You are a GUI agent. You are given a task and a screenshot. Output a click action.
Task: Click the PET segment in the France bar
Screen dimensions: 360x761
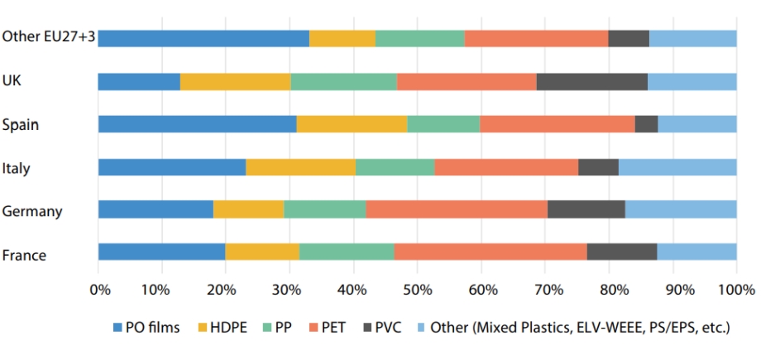click(491, 252)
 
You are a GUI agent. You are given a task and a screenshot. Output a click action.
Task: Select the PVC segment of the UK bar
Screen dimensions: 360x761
click(591, 81)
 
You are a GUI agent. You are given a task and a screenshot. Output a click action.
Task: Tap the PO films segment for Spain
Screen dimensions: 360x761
click(197, 124)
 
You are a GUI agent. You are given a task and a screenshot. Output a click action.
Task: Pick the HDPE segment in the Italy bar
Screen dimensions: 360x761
click(300, 167)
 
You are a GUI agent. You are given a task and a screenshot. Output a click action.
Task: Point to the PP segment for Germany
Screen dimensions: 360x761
click(324, 209)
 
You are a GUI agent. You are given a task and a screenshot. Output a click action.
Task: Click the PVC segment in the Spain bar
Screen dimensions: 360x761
click(646, 124)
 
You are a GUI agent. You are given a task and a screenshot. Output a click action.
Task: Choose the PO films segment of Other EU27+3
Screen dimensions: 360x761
click(203, 38)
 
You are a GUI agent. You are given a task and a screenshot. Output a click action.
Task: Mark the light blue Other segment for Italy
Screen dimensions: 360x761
click(677, 167)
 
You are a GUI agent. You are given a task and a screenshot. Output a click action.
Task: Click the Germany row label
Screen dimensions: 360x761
click(32, 211)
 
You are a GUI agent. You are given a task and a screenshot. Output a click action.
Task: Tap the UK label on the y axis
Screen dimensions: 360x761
click(12, 81)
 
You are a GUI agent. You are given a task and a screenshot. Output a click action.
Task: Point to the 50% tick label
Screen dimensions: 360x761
click(418, 290)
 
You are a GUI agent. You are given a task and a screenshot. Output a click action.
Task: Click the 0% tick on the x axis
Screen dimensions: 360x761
click(98, 290)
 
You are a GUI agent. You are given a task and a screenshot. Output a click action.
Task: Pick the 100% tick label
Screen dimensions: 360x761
click(735, 290)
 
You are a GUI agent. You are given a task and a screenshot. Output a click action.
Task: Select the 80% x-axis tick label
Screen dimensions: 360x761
click(609, 290)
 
